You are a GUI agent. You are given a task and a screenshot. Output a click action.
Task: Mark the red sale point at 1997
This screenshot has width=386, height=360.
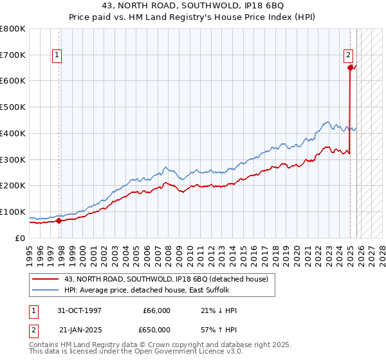pyautogui.click(x=59, y=221)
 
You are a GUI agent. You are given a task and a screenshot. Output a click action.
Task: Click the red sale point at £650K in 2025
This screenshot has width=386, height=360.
pyautogui.click(x=350, y=67)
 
